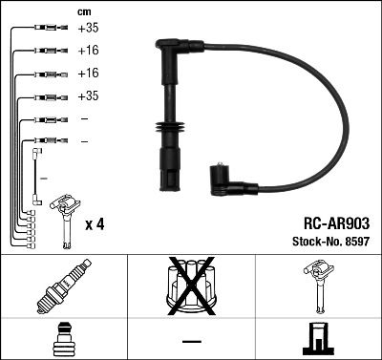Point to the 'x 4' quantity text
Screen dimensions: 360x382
pyautogui.click(x=94, y=224)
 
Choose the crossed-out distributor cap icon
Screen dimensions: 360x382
pyautogui.click(x=190, y=287)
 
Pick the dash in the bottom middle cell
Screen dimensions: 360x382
pyautogui.click(x=191, y=341)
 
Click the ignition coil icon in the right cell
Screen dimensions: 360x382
pyautogui.click(x=317, y=287)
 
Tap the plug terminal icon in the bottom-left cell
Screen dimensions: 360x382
pyautogui.click(x=63, y=341)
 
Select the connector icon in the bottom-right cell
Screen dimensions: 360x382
pyautogui.click(x=317, y=341)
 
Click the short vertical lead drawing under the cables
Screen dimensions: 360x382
pyautogui.click(x=36, y=177)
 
